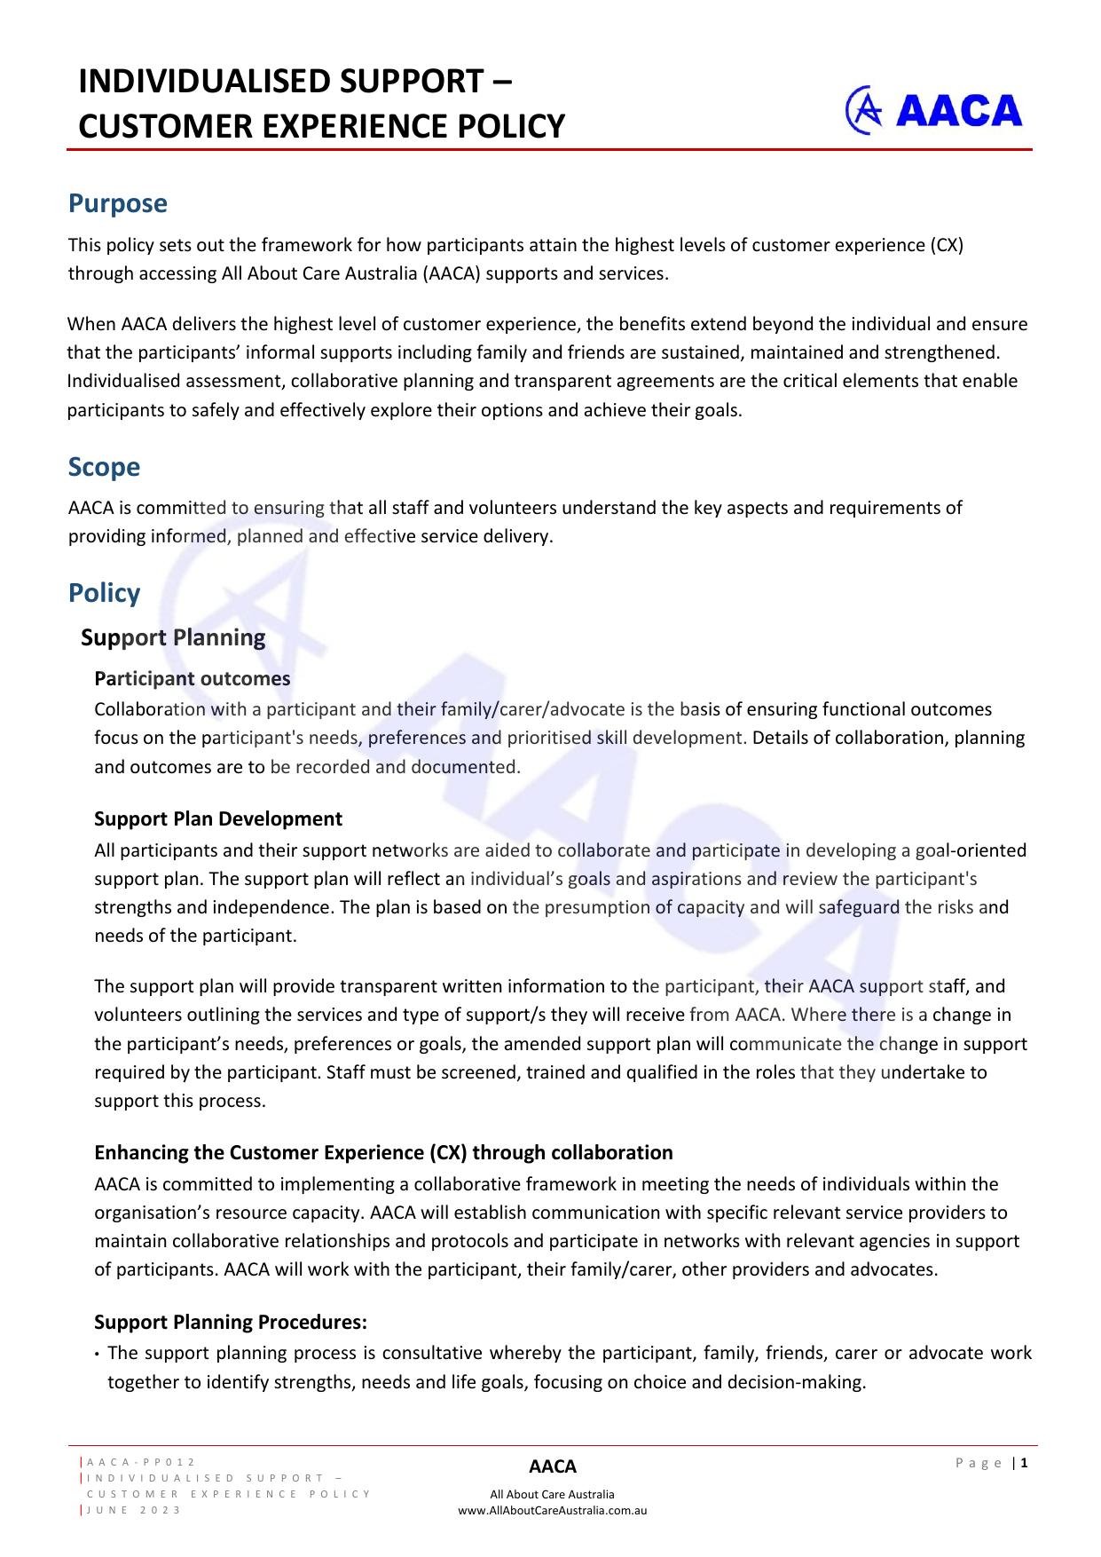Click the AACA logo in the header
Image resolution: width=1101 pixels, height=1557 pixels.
pyautogui.click(x=933, y=110)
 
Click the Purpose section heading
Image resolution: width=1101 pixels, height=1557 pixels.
pyautogui.click(x=117, y=203)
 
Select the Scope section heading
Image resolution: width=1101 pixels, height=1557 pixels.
pyautogui.click(x=104, y=467)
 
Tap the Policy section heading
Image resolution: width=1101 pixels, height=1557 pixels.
pyautogui.click(x=104, y=593)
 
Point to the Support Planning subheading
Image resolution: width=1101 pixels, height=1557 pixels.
pyautogui.click(x=173, y=637)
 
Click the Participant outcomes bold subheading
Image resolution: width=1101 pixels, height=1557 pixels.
pyautogui.click(x=192, y=678)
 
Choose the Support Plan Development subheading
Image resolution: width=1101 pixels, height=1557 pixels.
pyautogui.click(x=217, y=818)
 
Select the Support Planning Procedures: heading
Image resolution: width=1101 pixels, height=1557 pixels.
pyautogui.click(x=230, y=1322)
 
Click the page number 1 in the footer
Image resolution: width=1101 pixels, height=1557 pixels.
pyautogui.click(x=1024, y=1463)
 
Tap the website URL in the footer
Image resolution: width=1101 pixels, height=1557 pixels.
pyautogui.click(x=552, y=1510)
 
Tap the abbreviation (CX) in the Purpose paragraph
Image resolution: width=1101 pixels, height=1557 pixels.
pyautogui.click(x=946, y=245)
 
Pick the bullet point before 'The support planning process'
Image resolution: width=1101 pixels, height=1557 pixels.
pyautogui.click(x=96, y=1355)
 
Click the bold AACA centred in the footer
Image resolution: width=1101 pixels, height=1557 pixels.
pyautogui.click(x=552, y=1466)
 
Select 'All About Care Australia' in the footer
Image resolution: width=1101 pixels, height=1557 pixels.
pyautogui.click(x=552, y=1494)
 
